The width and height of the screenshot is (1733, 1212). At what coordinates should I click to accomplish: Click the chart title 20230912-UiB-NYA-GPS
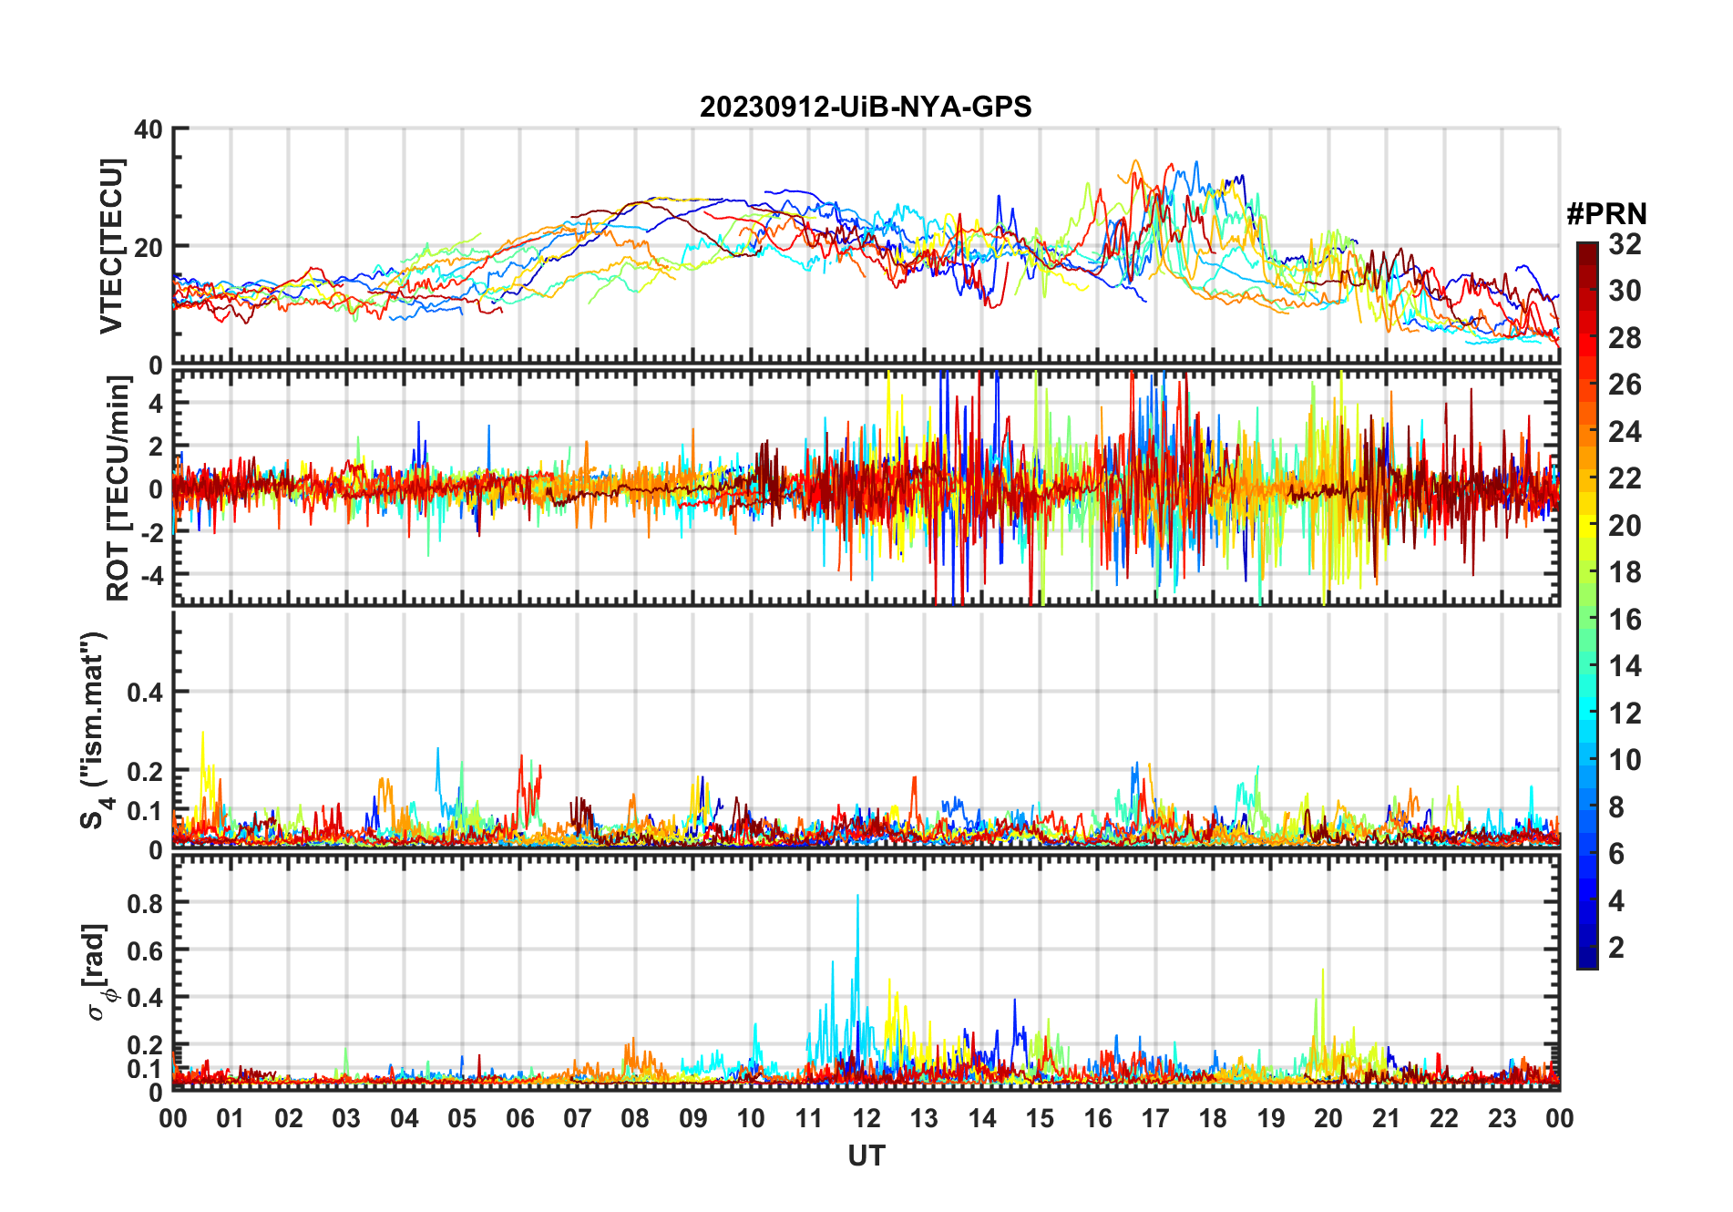[866, 108]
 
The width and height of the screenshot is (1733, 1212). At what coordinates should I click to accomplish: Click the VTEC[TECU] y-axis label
[111, 246]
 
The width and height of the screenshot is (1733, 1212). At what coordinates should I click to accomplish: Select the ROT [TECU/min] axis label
[118, 488]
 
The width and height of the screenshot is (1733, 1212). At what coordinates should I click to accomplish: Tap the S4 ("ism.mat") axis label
[94, 730]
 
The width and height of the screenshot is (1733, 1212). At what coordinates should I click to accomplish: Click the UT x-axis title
[866, 1156]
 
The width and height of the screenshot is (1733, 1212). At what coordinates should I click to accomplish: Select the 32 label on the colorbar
[1625, 244]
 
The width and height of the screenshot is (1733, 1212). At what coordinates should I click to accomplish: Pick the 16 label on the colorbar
[1625, 620]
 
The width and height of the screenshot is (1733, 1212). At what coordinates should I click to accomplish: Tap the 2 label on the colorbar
[1616, 948]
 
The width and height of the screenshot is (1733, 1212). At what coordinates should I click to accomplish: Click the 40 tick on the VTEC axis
[149, 129]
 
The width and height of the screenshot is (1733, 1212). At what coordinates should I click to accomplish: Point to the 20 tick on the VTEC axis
[149, 247]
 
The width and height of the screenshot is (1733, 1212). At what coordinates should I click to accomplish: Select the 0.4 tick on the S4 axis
[144, 693]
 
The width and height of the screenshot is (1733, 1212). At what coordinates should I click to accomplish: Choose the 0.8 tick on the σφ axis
[144, 903]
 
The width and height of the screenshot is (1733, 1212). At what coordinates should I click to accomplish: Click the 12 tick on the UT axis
[866, 1118]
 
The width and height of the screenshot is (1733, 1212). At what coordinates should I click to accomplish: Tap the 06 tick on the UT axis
[519, 1118]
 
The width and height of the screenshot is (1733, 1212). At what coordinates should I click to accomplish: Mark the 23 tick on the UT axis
[1502, 1118]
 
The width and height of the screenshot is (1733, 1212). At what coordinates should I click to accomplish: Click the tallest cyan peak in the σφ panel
[857, 897]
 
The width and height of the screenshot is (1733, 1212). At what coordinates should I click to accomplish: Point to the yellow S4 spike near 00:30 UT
[202, 733]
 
